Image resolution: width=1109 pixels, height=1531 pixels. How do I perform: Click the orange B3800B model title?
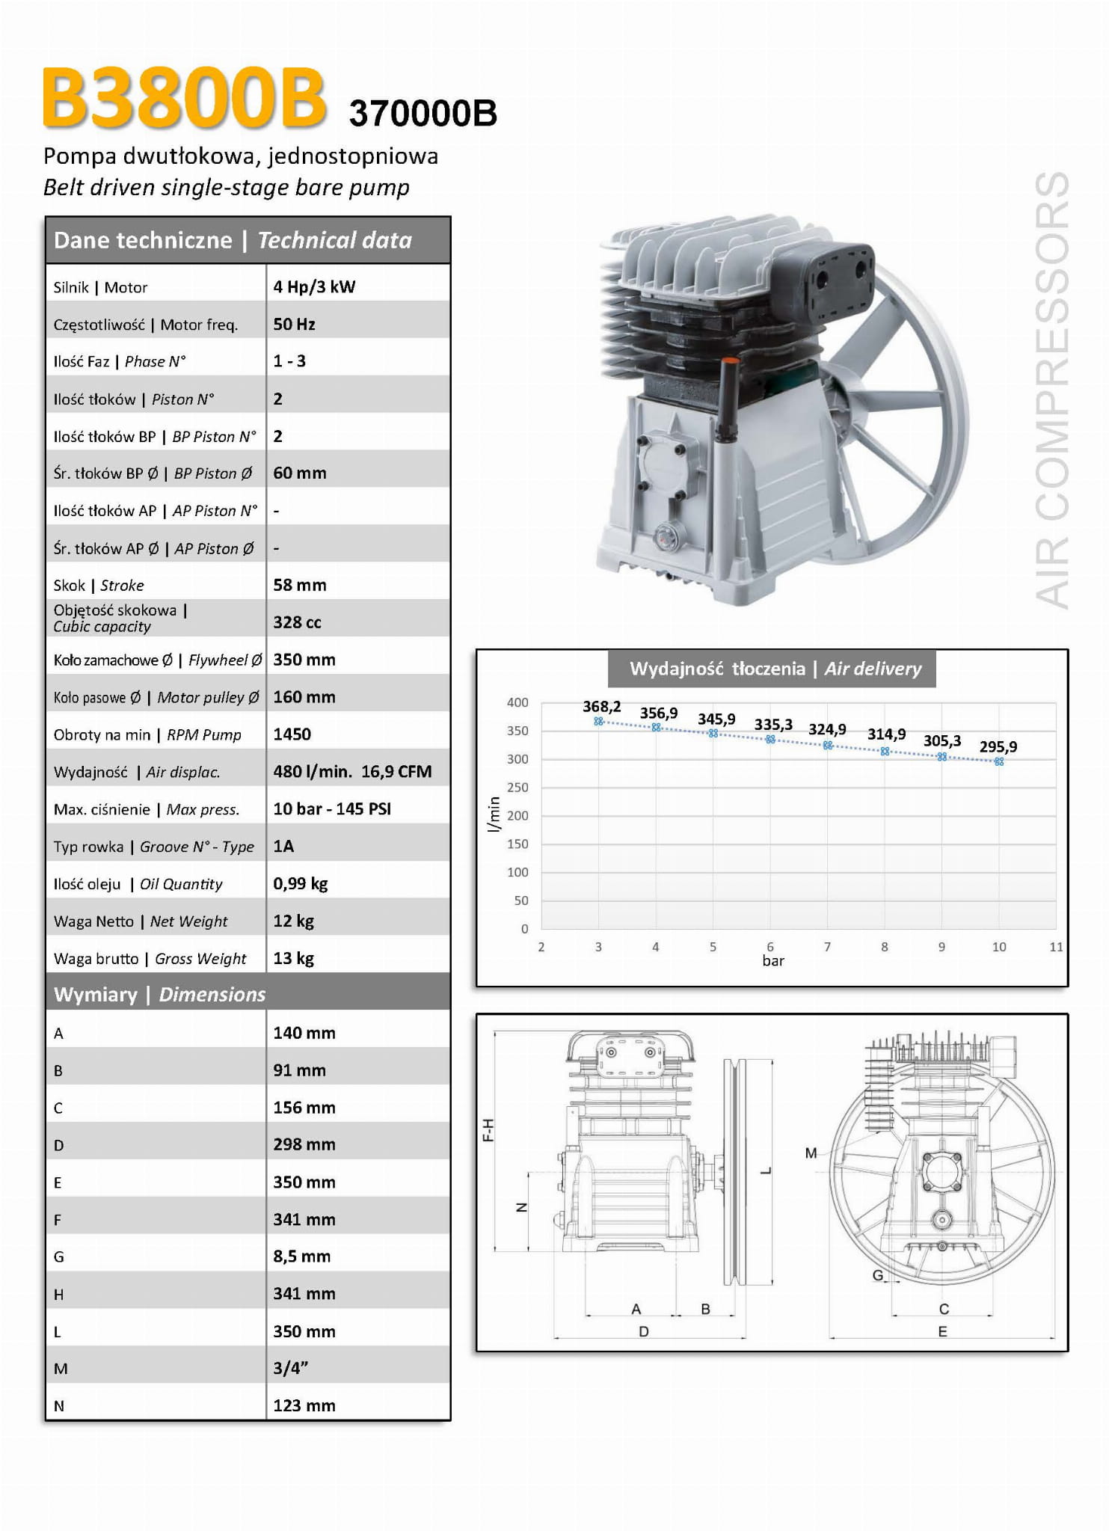coord(184,97)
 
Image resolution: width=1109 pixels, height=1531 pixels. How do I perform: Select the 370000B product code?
coord(423,114)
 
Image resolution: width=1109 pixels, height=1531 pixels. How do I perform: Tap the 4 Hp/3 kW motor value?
coord(314,286)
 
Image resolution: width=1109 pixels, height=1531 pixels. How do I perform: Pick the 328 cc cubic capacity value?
coord(297,622)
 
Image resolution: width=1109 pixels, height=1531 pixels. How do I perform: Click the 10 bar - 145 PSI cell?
coord(332,809)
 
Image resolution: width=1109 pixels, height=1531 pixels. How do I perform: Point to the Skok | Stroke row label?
coord(99,585)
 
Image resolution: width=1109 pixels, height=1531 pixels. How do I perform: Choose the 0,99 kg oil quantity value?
coord(301,883)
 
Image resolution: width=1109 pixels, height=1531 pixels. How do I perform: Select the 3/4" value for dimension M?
coord(291,1368)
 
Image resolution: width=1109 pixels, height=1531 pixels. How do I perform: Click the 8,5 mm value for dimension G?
coord(301,1257)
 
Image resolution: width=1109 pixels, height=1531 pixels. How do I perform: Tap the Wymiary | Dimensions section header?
coord(159,994)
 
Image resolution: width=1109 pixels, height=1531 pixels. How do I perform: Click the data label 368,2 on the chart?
coord(601,707)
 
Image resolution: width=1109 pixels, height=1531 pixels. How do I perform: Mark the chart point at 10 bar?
coord(999,761)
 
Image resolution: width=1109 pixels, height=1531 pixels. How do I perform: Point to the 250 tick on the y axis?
coord(517,787)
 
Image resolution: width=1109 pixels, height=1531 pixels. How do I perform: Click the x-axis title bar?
coord(773,961)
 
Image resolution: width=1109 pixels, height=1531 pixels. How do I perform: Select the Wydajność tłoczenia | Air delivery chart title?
coord(775,669)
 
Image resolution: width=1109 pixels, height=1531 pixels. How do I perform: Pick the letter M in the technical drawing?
coord(811,1153)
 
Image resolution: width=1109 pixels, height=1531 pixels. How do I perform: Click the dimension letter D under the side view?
coord(644,1331)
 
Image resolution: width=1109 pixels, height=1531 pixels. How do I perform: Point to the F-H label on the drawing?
coord(488,1130)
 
